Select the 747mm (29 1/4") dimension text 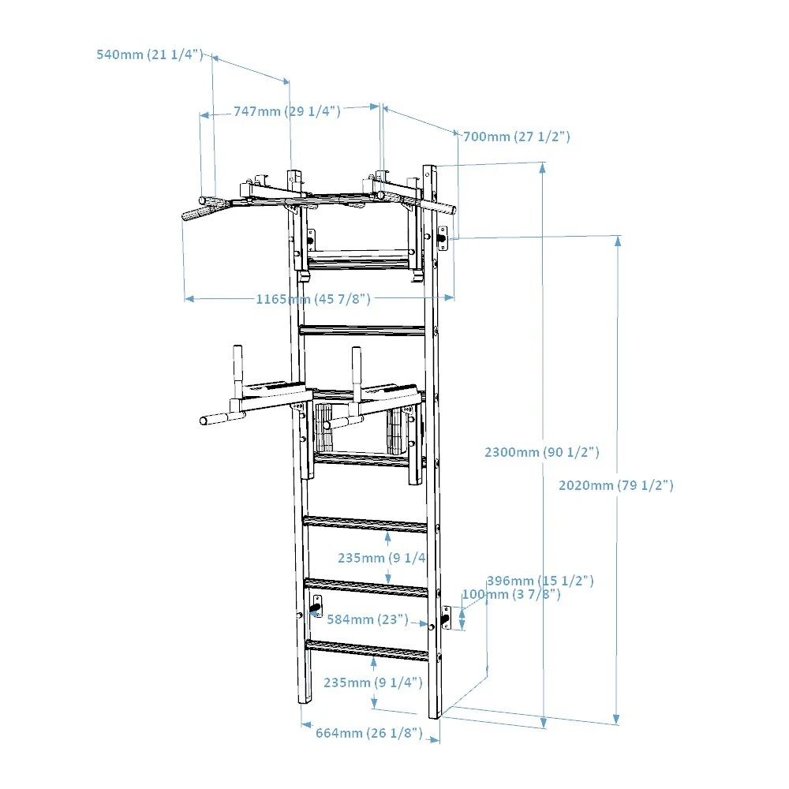click(286, 111)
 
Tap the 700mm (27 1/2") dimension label click(516, 136)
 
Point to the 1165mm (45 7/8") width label click(312, 298)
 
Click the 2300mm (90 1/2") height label click(542, 452)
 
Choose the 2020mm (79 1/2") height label click(615, 485)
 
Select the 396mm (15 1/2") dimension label click(540, 581)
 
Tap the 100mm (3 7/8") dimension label click(511, 594)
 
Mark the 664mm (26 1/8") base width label click(368, 733)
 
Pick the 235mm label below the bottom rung click(373, 682)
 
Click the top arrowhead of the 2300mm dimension click(543, 166)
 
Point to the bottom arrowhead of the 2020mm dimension click(617, 719)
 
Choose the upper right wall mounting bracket click(443, 237)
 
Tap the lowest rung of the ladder click(367, 650)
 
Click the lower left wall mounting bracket click(316, 606)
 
